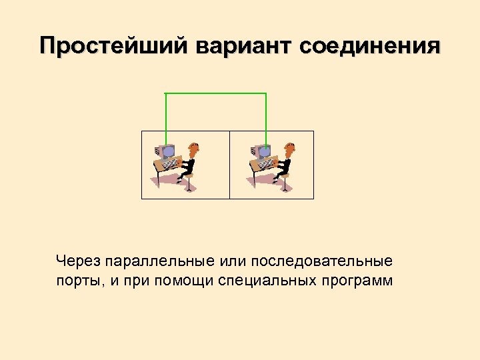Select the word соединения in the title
(x=371, y=46)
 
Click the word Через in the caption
(x=76, y=259)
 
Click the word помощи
(x=185, y=279)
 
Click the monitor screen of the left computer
(x=167, y=152)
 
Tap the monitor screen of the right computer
(x=263, y=152)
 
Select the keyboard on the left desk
(x=171, y=163)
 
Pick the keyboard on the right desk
(x=267, y=163)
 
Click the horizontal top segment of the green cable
(x=215, y=93)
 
